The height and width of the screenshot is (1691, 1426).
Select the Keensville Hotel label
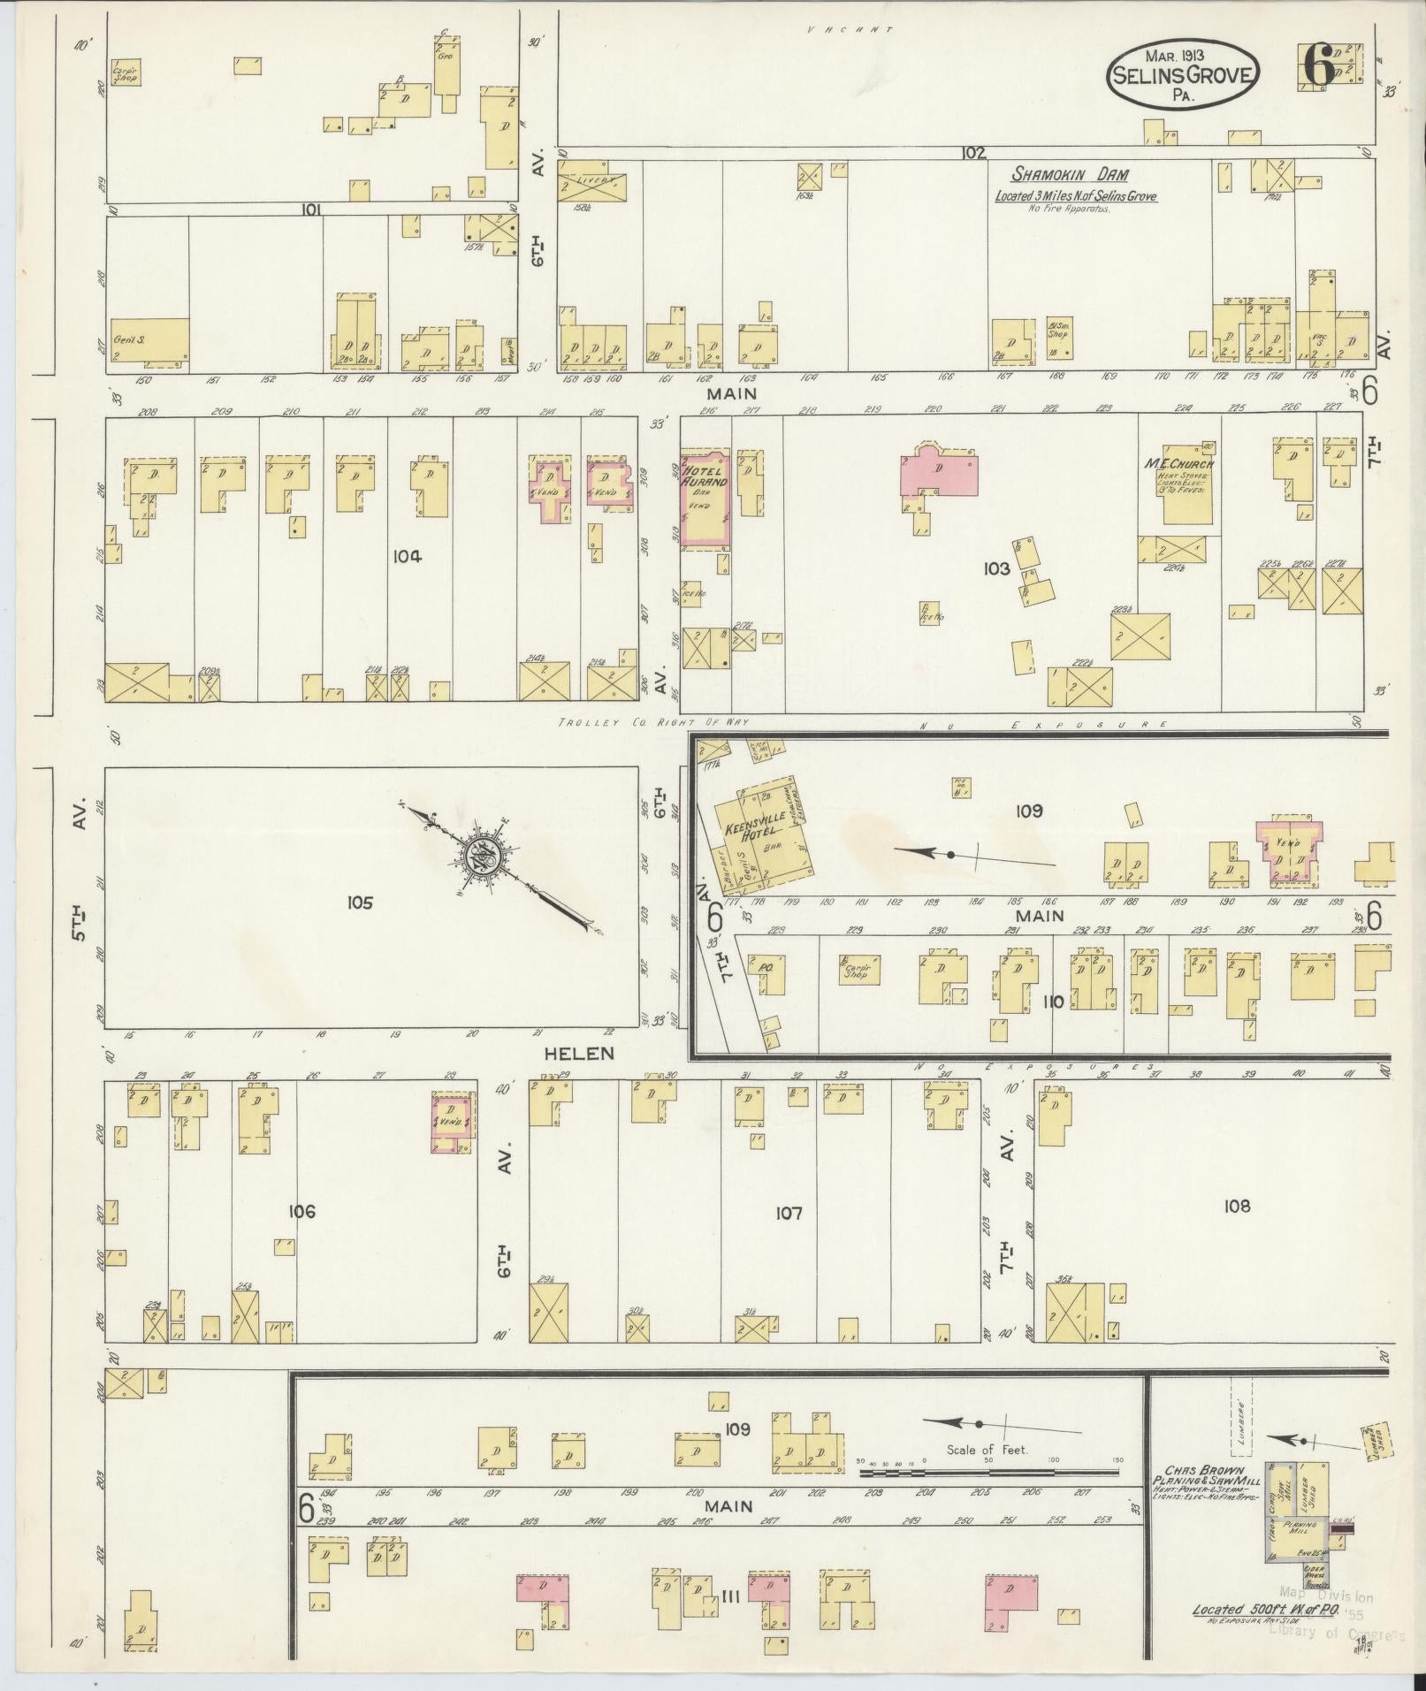click(751, 831)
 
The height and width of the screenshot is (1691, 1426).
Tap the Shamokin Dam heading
click(1070, 175)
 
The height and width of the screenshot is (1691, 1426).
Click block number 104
click(408, 556)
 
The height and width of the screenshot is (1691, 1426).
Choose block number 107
click(788, 1213)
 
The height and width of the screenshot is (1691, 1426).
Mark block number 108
click(1237, 1206)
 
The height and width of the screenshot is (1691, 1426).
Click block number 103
click(995, 568)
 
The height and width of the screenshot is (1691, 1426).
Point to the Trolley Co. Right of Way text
click(652, 722)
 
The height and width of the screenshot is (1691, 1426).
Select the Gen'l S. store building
click(149, 339)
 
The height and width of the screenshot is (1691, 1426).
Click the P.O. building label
click(766, 967)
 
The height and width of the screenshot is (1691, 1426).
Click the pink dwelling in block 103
click(939, 475)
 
